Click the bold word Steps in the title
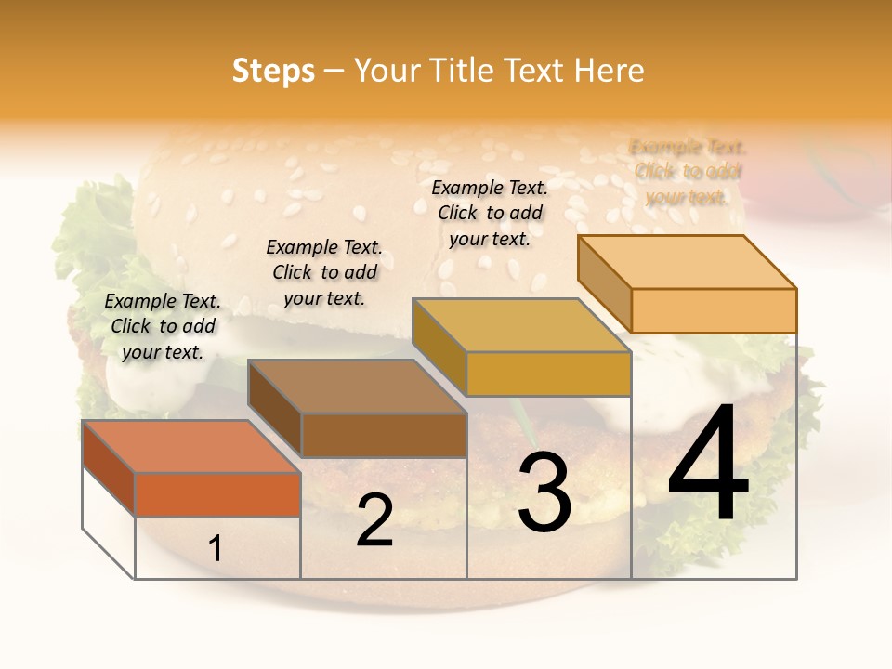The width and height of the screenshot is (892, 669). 273,71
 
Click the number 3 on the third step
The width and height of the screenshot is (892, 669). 544,492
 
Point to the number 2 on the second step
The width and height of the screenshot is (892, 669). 374,520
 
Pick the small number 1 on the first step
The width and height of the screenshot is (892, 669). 216,548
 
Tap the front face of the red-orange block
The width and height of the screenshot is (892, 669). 217,494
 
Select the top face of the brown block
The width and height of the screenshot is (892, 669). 357,386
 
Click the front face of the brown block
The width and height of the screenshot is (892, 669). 384,435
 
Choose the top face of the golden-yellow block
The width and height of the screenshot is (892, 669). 521,325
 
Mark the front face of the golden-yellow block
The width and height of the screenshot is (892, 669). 548,374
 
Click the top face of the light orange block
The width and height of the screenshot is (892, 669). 687,261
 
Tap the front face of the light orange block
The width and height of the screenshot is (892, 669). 714,310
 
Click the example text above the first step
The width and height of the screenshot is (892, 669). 163,326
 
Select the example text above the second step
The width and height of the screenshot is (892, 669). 324,272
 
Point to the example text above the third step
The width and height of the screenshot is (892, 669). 490,213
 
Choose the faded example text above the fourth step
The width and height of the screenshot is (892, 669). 688,172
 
